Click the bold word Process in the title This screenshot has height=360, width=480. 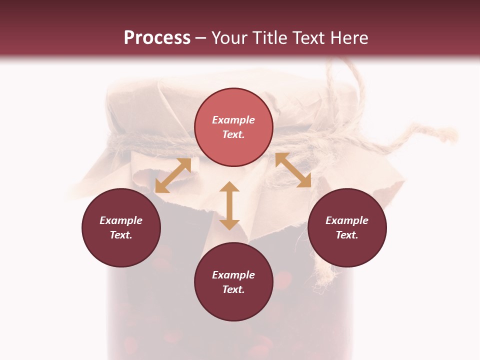[x=157, y=38]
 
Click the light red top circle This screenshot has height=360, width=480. [x=233, y=127]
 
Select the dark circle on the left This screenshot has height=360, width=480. [x=121, y=227]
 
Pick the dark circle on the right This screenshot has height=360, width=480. [x=347, y=227]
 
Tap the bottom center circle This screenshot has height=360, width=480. [x=233, y=282]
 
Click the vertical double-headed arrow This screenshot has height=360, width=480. [x=229, y=205]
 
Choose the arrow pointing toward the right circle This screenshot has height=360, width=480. [x=293, y=170]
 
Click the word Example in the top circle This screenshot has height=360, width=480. [x=233, y=120]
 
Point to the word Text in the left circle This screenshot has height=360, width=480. [x=121, y=235]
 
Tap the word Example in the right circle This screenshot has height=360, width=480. [x=347, y=220]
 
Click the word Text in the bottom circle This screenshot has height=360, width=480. [x=233, y=289]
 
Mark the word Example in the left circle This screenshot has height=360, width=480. [x=121, y=220]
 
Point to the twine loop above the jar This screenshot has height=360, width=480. [x=335, y=75]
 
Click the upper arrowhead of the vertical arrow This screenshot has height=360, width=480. [x=229, y=187]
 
